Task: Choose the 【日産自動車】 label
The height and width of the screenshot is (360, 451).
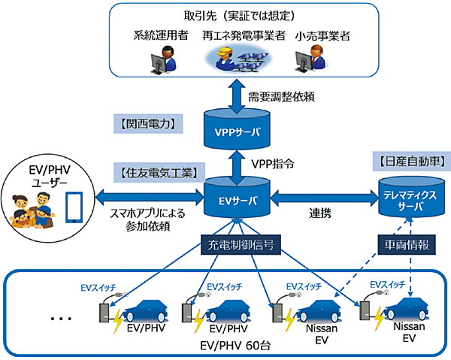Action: (x=408, y=160)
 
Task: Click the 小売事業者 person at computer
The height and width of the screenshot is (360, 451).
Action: (x=310, y=58)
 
